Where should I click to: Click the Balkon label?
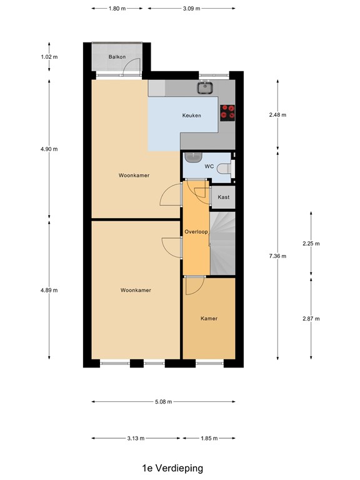117,57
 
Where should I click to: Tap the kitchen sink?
205,87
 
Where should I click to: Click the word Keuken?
191,116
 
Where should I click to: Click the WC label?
209,167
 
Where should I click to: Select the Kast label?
224,197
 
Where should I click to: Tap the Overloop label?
196,232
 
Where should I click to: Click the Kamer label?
209,319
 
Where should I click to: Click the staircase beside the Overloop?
223,244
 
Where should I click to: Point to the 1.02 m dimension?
50,57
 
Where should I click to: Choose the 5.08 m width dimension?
163,402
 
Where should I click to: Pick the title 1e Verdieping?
172,467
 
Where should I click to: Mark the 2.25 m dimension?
311,244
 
